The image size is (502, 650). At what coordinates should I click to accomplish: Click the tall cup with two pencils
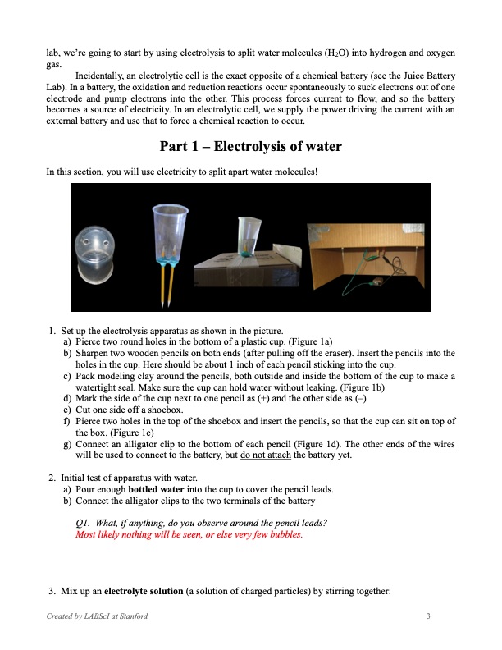[171, 238]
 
